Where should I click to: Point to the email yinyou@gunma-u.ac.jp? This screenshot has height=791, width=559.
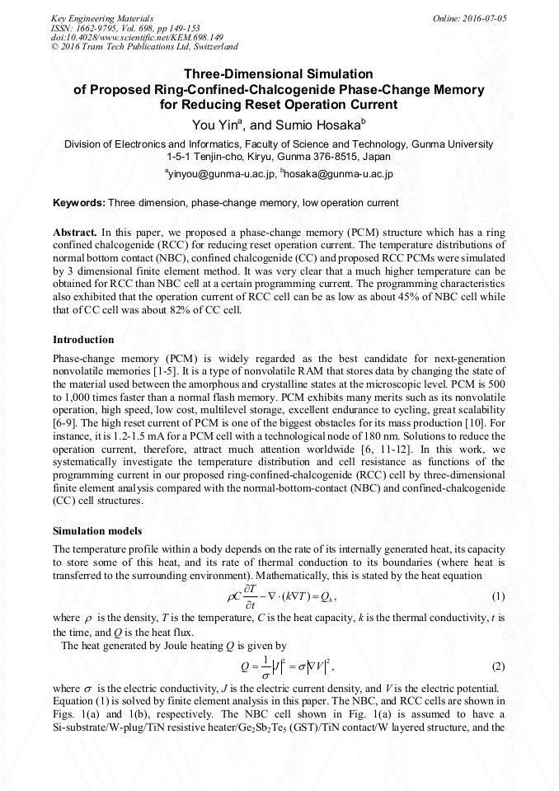tap(221, 174)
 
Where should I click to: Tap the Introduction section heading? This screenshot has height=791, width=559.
tap(83, 340)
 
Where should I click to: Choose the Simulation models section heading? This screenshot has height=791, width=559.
tap(96, 530)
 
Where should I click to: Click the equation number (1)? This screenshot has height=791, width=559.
tap(497, 596)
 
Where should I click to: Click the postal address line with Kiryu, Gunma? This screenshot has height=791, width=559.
tap(279, 156)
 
